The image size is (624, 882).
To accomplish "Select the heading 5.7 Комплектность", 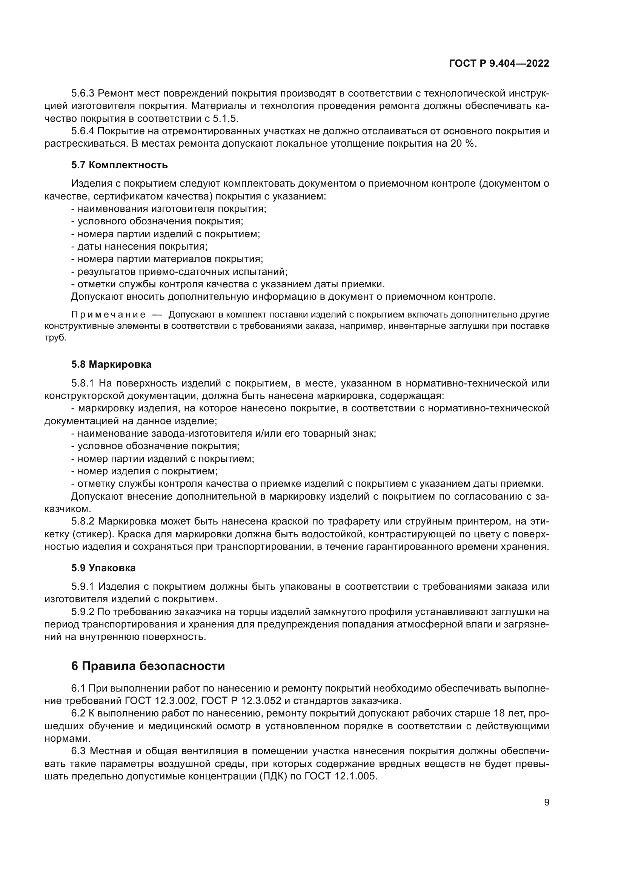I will [119, 165].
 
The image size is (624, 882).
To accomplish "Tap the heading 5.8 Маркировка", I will [111, 365].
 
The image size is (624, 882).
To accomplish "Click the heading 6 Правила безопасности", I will [148, 666].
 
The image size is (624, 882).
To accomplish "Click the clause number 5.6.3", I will [82, 94].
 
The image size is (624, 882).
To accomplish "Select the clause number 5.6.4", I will [82, 131].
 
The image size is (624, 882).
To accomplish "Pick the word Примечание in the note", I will [108, 315].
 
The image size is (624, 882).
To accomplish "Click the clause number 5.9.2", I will [82, 612].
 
